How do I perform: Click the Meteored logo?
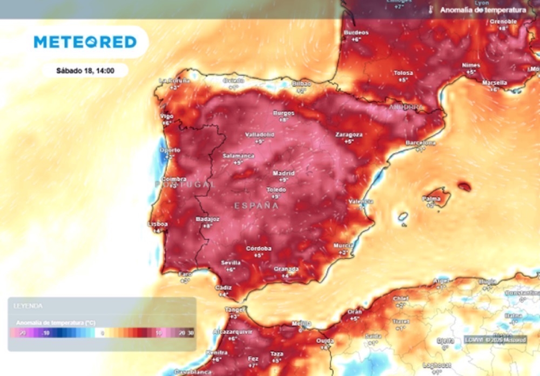[85, 42]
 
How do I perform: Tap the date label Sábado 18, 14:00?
[85, 71]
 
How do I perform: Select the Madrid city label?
[283, 173]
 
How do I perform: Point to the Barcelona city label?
[420, 143]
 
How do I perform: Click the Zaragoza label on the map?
[349, 134]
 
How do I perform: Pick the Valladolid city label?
[260, 134]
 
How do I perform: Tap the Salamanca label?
[238, 156]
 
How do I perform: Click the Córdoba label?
[259, 248]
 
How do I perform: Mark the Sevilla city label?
[231, 263]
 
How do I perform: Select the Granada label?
[286, 269]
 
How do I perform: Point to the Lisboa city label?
[158, 224]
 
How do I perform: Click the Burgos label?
[284, 113]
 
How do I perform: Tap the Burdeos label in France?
[356, 32]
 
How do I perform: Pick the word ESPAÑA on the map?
[256, 206]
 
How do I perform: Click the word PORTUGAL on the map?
[185, 184]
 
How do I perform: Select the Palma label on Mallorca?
[430, 199]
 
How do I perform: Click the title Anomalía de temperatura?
[483, 10]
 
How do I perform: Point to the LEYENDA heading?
[28, 306]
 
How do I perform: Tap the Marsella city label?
[494, 83]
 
